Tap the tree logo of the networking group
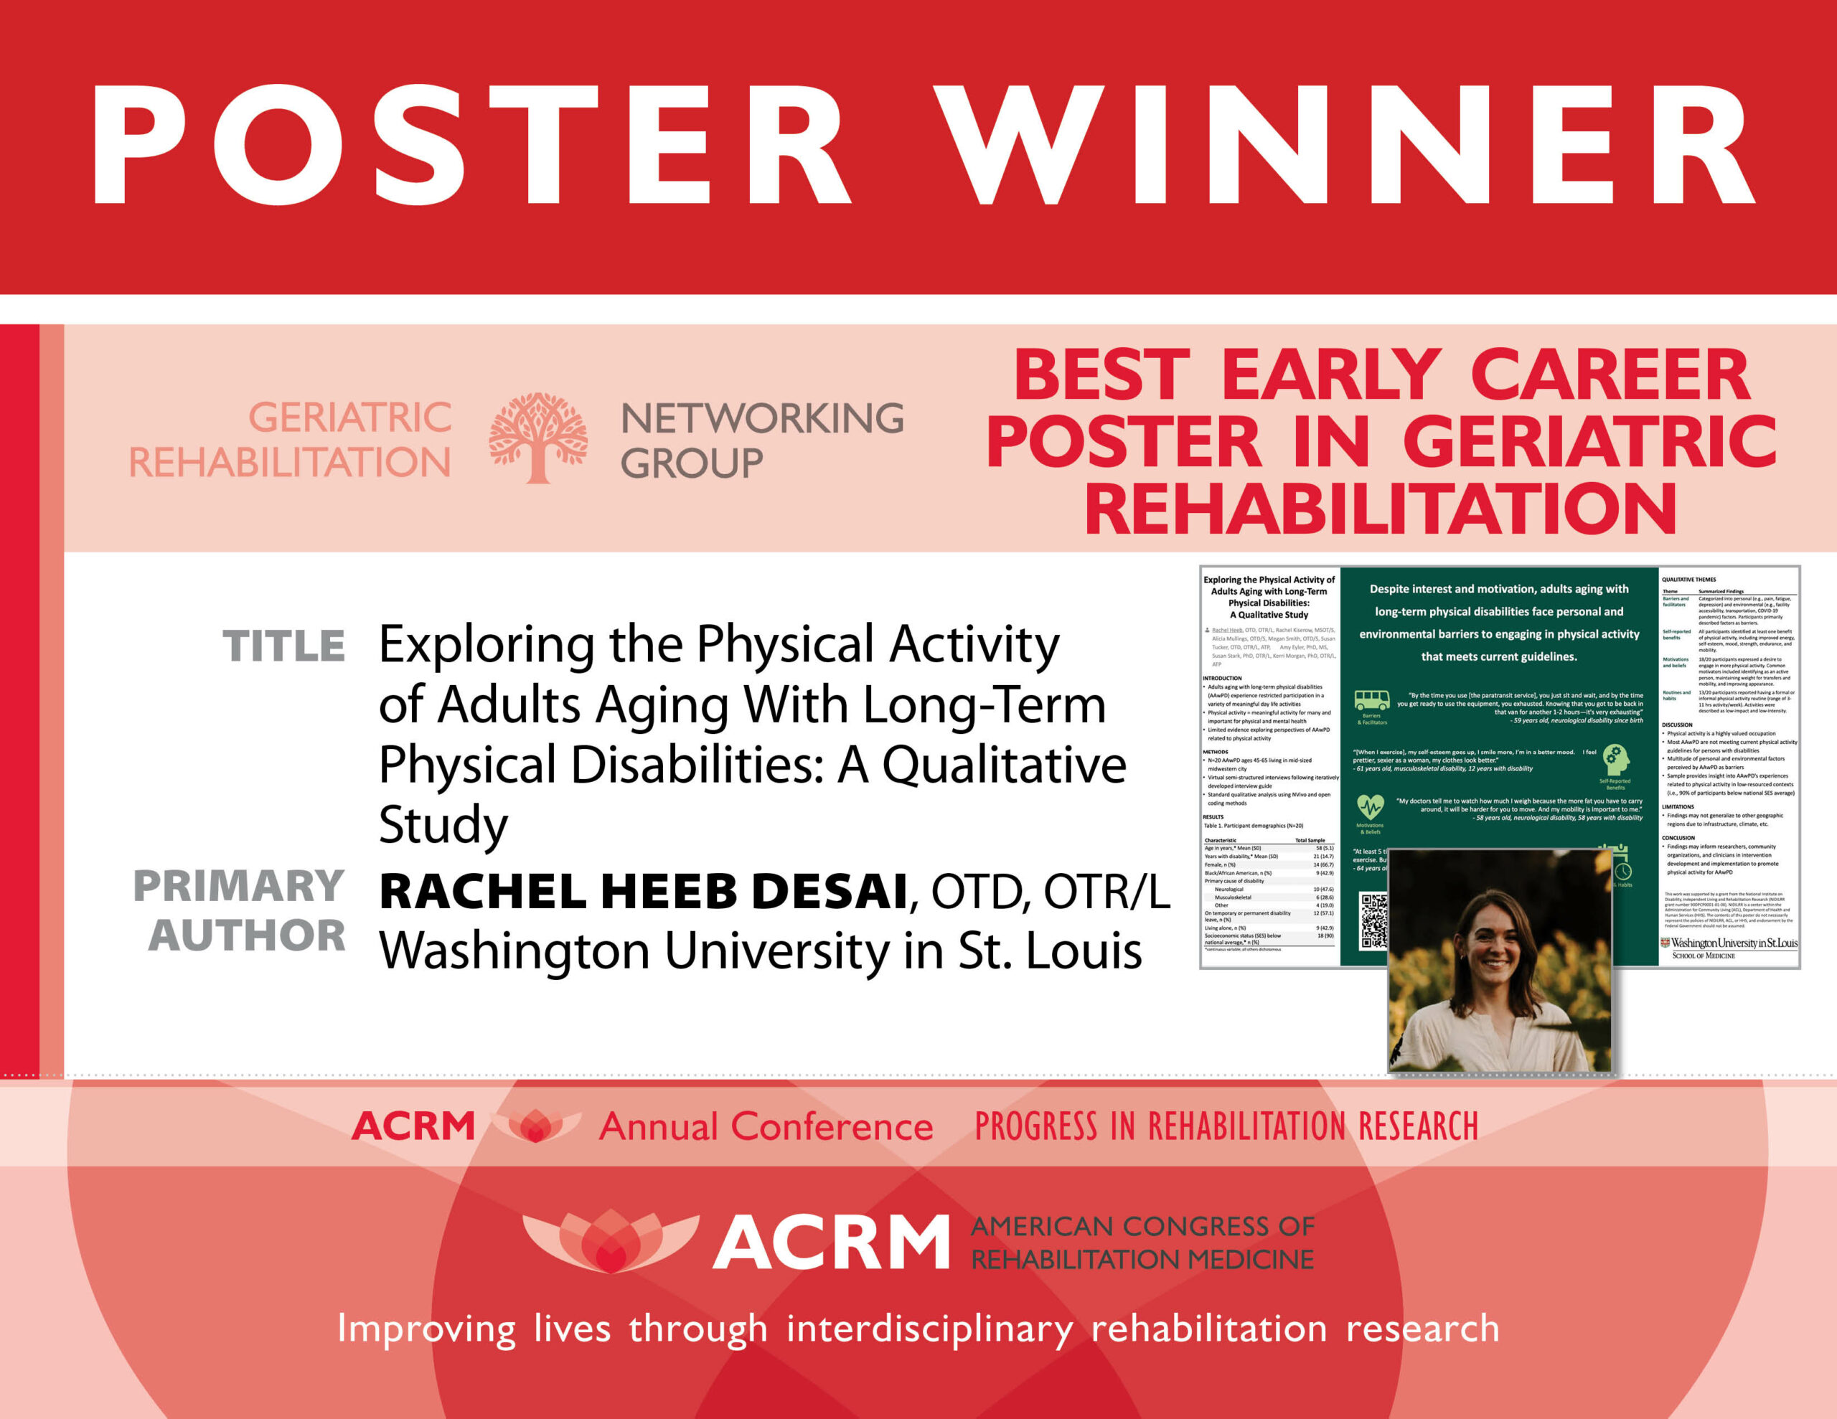538,438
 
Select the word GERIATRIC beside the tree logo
350,418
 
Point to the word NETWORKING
762,419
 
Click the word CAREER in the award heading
1610,376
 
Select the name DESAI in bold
829,892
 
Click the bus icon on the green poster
1371,700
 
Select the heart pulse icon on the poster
1370,808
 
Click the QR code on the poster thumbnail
1373,922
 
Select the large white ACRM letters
831,1243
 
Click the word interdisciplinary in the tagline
929,1330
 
